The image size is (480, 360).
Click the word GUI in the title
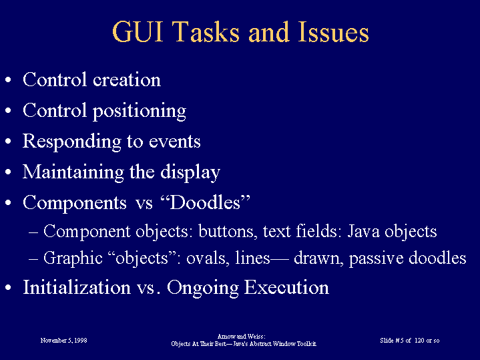(138, 32)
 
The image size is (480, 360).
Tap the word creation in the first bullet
(127, 79)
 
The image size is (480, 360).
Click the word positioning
(140, 112)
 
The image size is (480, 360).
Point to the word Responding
(71, 142)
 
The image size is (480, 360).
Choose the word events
(174, 142)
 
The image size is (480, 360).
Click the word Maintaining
(73, 172)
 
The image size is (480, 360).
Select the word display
(190, 172)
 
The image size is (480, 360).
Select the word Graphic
(73, 258)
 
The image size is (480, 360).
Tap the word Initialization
(77, 287)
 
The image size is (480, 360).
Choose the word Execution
(286, 287)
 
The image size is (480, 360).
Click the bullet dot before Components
(8, 203)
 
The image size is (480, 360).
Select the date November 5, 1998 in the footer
(63, 341)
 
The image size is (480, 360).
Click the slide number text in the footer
(410, 341)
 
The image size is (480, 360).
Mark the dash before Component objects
(33, 232)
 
